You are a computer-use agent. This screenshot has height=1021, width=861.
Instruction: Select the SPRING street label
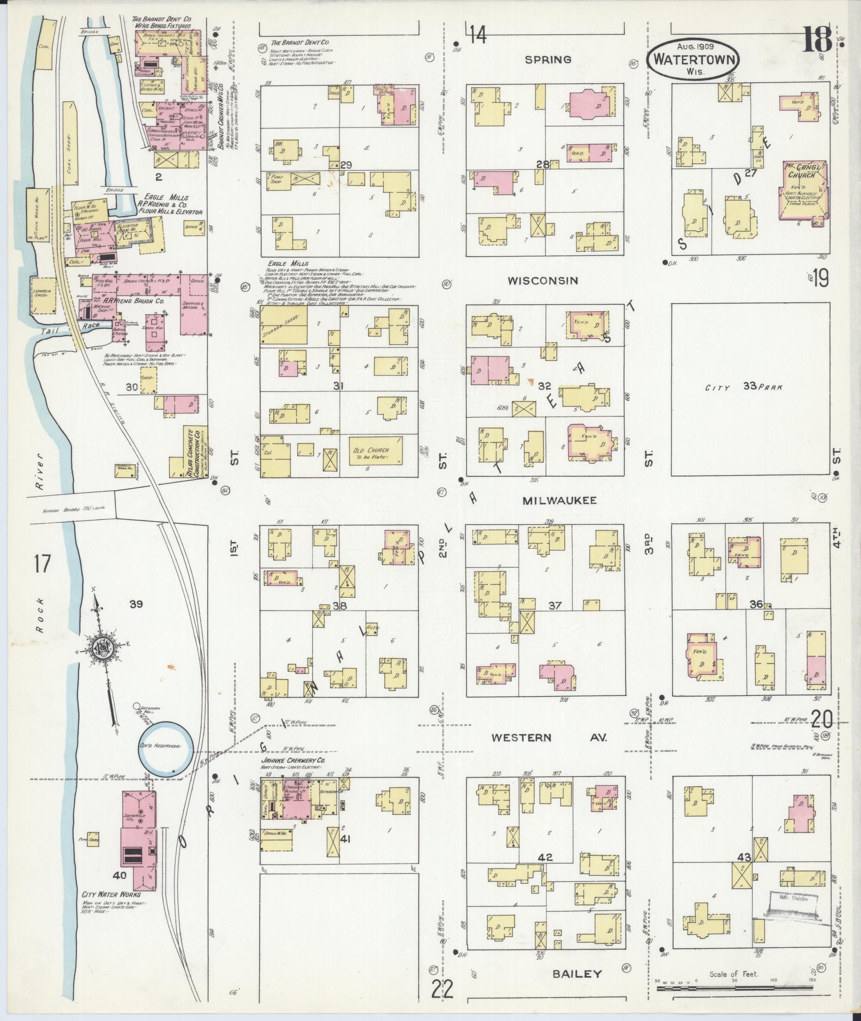click(548, 59)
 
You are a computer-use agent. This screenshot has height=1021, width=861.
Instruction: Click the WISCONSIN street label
click(543, 280)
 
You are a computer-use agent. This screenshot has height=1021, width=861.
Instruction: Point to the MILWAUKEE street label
click(559, 500)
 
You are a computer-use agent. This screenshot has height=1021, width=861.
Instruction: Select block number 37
click(555, 605)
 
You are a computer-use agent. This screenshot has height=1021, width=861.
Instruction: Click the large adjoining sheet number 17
click(42, 563)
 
